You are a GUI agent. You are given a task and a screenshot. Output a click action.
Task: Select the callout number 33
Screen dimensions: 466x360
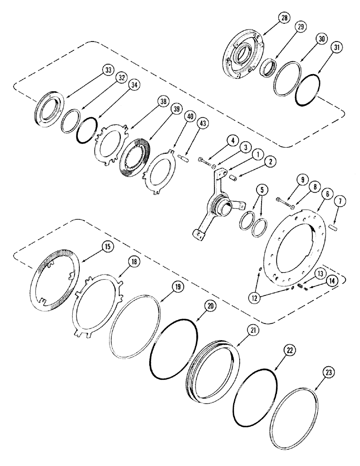108,70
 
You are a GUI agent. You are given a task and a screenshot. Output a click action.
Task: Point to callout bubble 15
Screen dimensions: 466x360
107,247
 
